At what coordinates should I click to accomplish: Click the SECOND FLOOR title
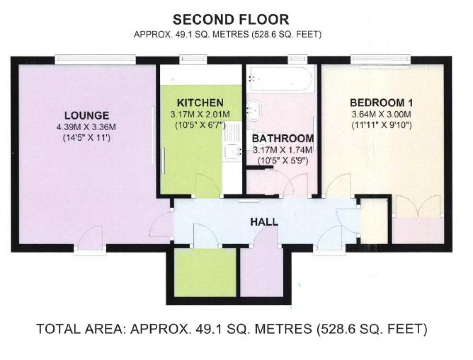pos(231,19)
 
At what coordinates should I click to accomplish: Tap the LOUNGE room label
pos(87,115)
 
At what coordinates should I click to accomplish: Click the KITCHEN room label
pos(200,102)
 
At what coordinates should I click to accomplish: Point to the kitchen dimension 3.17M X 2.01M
pos(200,114)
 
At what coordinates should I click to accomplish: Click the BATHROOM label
pos(283,138)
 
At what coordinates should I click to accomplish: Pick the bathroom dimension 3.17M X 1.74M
pos(283,150)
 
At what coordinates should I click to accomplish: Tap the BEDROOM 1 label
pos(381,102)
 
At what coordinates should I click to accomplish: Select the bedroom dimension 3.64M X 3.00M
pos(381,114)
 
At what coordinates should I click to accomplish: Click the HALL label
pos(264,222)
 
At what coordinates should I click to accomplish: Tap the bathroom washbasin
pos(254,110)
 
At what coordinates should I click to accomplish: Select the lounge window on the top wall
pos(95,59)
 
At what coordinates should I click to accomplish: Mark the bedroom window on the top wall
pos(380,59)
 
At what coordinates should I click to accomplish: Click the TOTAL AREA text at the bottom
pos(231,329)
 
